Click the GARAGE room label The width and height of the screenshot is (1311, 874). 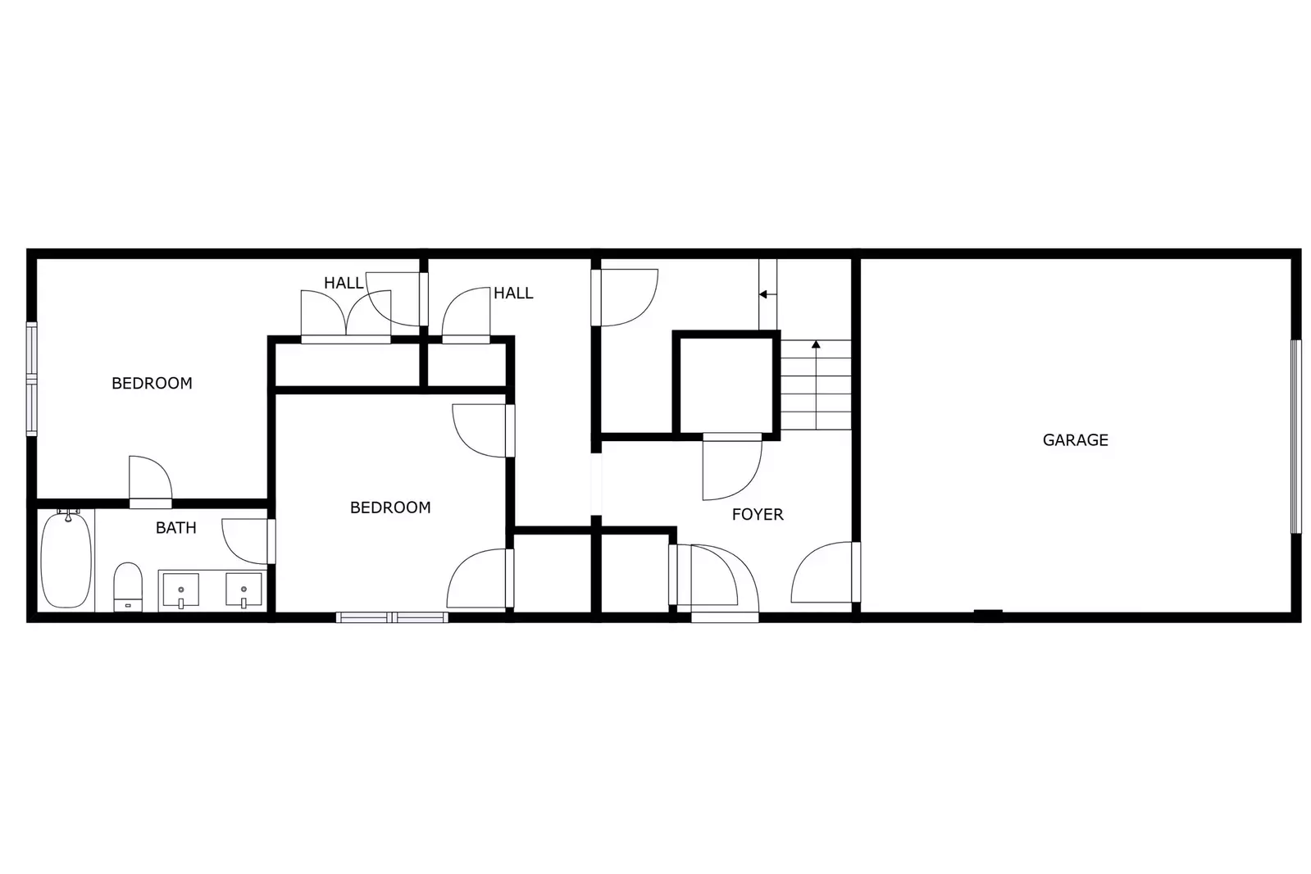(1075, 440)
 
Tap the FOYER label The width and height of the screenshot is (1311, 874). (758, 515)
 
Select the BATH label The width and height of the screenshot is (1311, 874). (176, 528)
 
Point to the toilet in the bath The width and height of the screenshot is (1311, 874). (127, 585)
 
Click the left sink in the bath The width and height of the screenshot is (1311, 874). (180, 589)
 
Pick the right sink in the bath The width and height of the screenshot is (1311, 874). (244, 589)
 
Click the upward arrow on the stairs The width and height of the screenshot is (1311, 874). (816, 344)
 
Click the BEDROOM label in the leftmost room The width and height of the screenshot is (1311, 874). (152, 383)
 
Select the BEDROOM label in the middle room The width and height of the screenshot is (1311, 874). (390, 508)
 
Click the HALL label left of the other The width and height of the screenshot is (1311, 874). (344, 284)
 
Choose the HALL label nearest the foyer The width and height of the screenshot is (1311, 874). (513, 294)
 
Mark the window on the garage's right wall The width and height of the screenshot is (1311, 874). (1295, 436)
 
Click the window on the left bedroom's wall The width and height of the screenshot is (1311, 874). (32, 378)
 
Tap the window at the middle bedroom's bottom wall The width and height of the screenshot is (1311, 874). (392, 617)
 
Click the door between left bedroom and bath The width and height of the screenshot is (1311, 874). (151, 502)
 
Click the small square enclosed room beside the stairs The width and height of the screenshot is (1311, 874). (726, 383)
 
